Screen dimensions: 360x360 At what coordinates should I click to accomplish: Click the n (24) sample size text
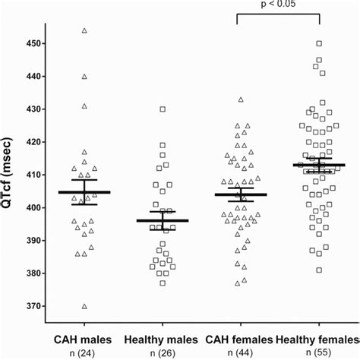click(84, 353)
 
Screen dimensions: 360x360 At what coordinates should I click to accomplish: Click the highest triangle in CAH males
click(84, 30)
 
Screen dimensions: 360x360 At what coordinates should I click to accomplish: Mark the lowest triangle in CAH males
click(84, 306)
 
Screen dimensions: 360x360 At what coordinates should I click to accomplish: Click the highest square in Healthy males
click(163, 109)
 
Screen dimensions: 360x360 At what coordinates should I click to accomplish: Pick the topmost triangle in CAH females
click(240, 99)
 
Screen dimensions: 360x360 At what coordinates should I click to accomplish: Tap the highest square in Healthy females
click(319, 43)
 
